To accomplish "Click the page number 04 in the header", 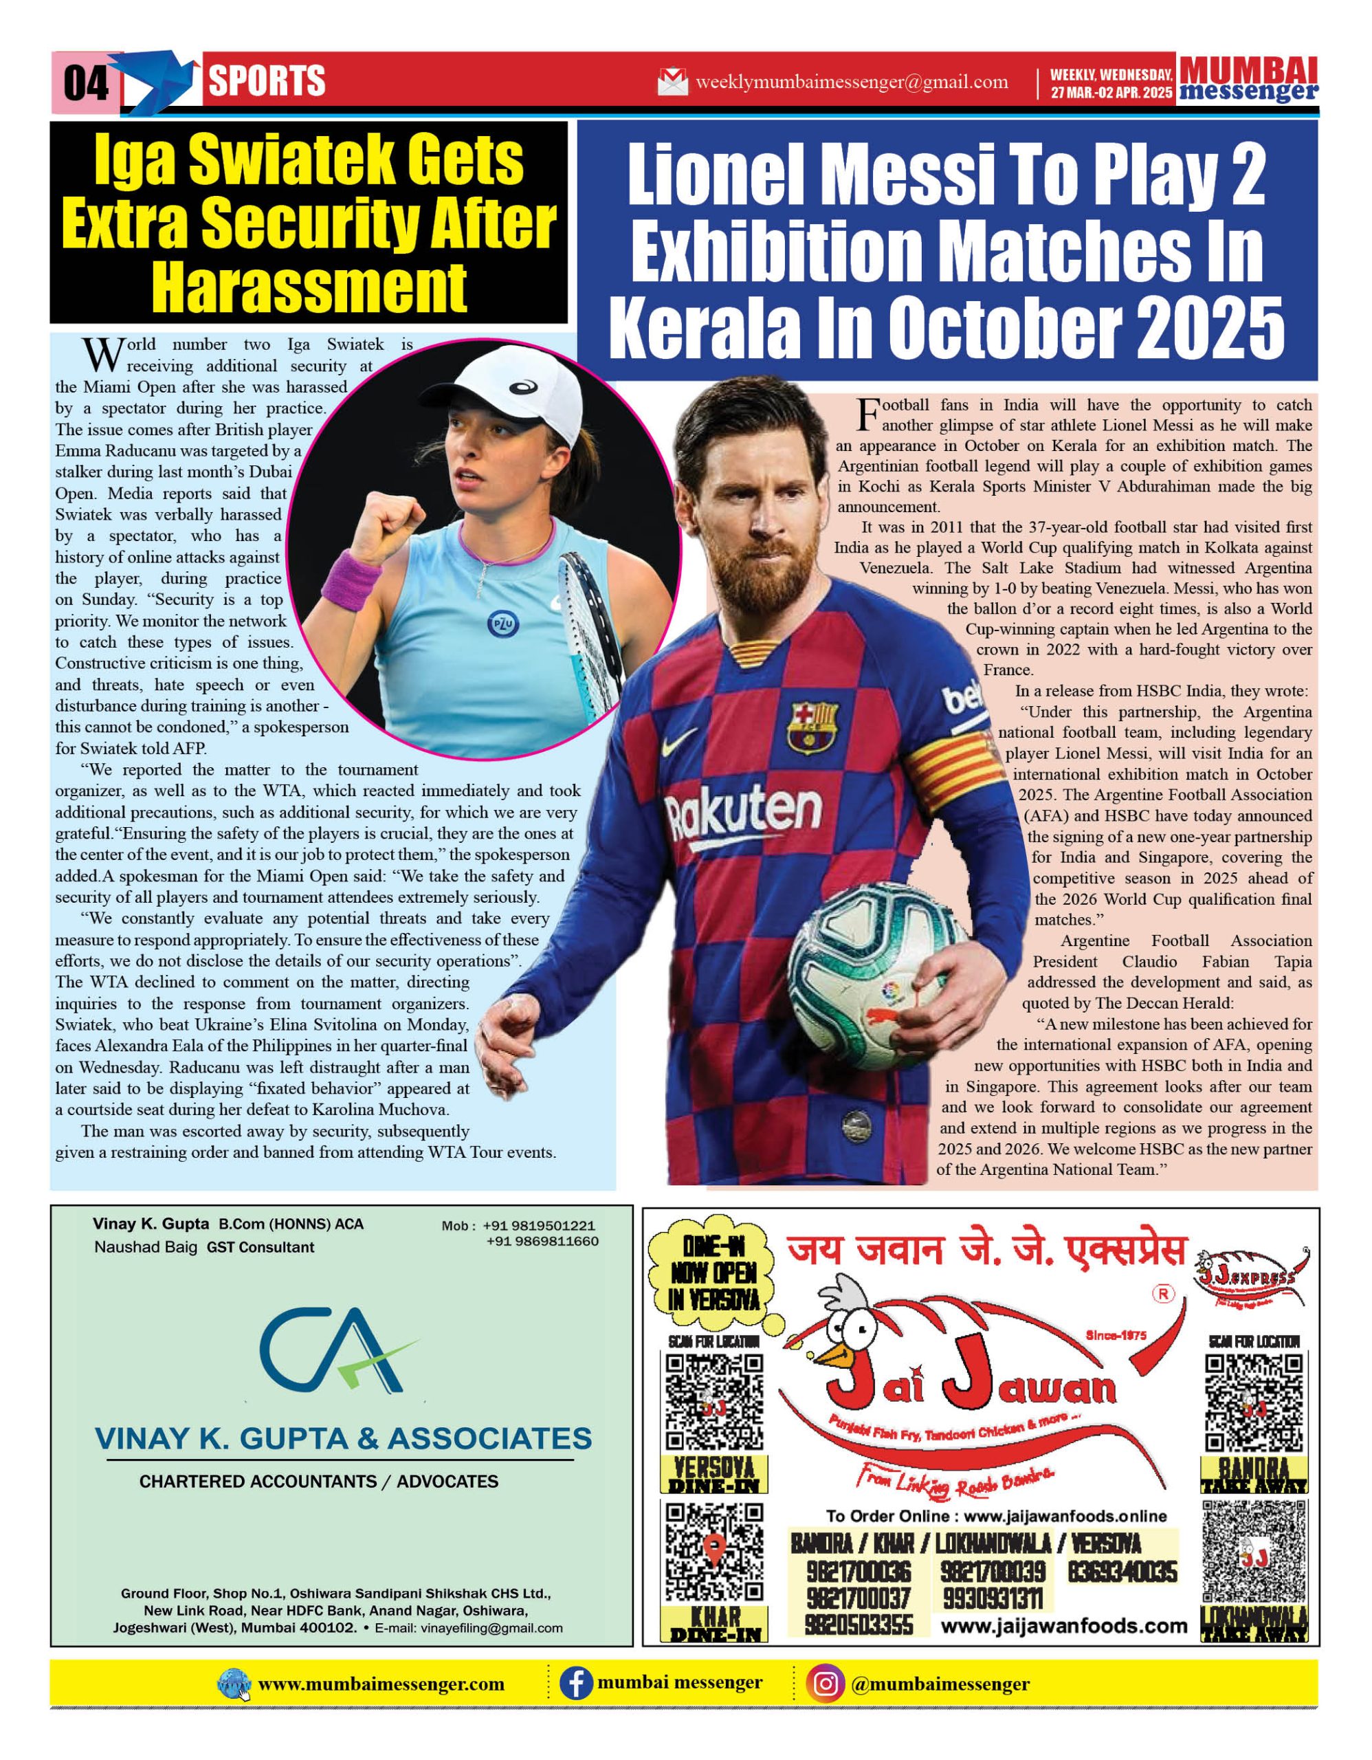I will click(85, 82).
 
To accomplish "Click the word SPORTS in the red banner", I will click(267, 81).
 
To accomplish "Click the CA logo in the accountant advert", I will click(339, 1354).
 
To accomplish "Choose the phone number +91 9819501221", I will click(539, 1226).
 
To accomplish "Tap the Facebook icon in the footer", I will click(575, 1684).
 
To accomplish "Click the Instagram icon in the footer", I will click(825, 1684).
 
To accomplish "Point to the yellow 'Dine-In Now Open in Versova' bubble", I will click(713, 1272).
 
